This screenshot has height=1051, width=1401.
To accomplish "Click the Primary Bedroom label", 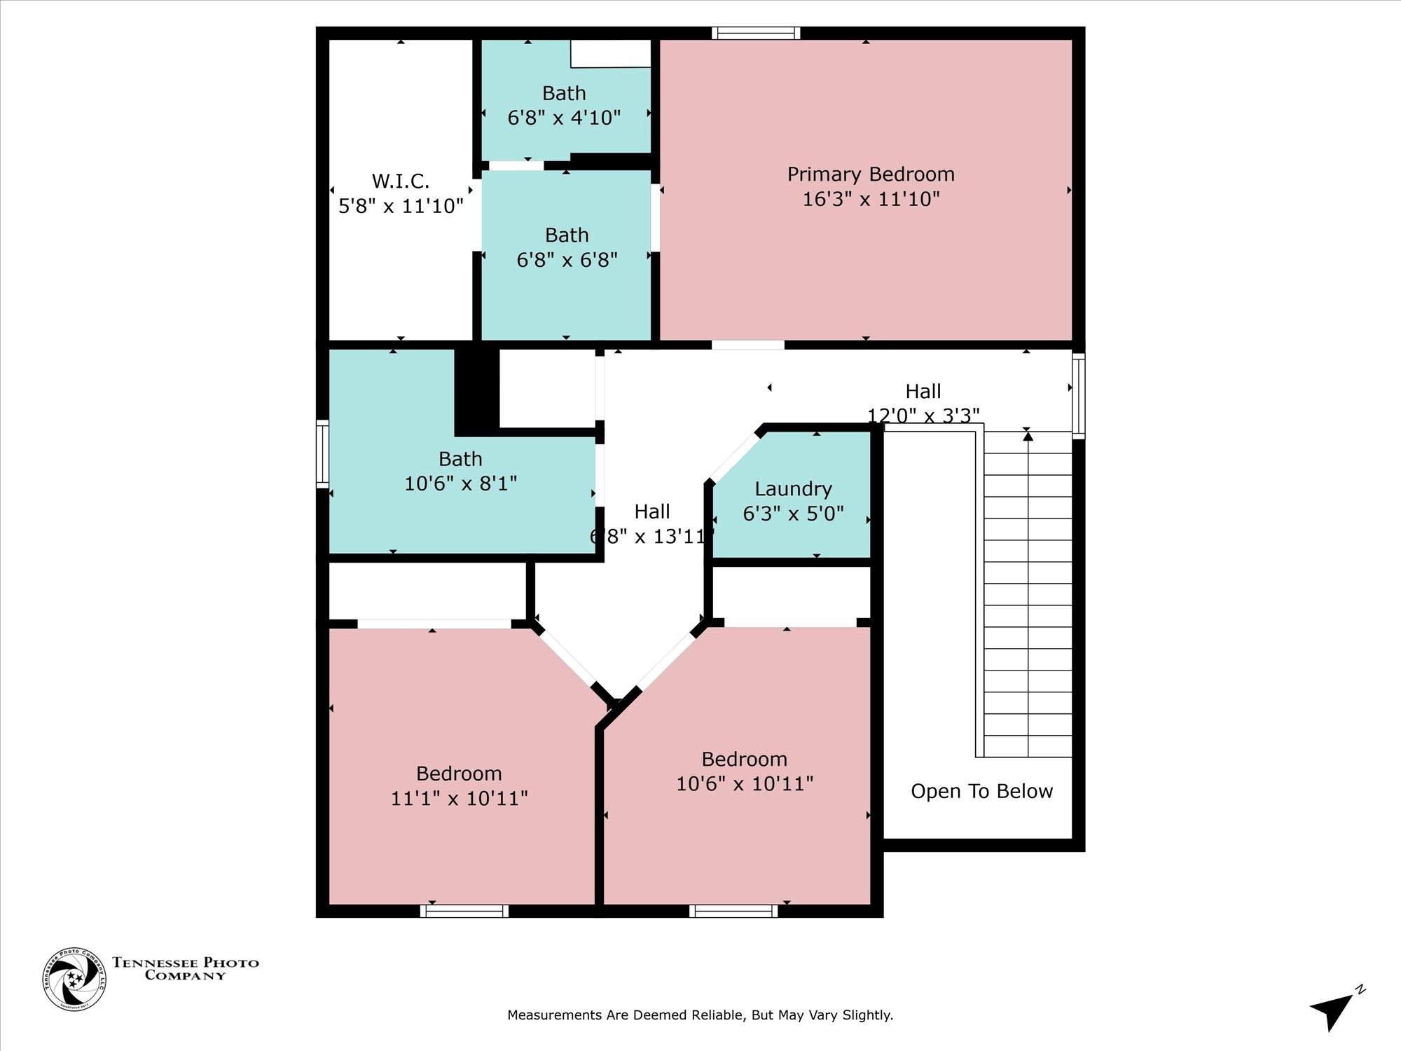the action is (x=871, y=174).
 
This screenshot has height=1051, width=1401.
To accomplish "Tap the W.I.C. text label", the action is (x=401, y=181).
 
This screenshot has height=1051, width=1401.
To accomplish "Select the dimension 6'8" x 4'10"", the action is (x=564, y=118).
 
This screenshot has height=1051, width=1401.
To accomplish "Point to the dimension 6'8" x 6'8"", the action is (x=567, y=260).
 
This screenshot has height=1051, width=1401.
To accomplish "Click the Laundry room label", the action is (x=794, y=490).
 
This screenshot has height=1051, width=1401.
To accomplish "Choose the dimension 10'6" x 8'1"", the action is (x=460, y=483).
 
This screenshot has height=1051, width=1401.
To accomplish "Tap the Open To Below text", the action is (x=981, y=791).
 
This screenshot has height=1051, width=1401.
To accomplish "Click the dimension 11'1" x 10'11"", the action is (x=459, y=798).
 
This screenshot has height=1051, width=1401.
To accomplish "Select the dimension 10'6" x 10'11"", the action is (x=745, y=783).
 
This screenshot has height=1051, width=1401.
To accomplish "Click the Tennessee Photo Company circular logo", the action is (x=74, y=979).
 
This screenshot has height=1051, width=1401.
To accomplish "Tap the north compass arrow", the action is (x=1333, y=1011).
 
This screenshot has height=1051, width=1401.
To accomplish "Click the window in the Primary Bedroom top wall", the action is (x=756, y=33).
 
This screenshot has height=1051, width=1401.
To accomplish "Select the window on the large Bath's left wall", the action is (x=322, y=453).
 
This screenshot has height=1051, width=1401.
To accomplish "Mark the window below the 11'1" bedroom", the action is (x=464, y=911).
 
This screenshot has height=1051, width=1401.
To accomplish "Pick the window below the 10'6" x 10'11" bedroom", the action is (x=733, y=911).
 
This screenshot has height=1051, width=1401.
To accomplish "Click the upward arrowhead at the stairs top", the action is (x=1028, y=436).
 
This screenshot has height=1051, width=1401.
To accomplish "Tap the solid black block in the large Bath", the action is (x=477, y=392).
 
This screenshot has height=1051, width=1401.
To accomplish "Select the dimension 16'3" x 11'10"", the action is (x=871, y=199).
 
